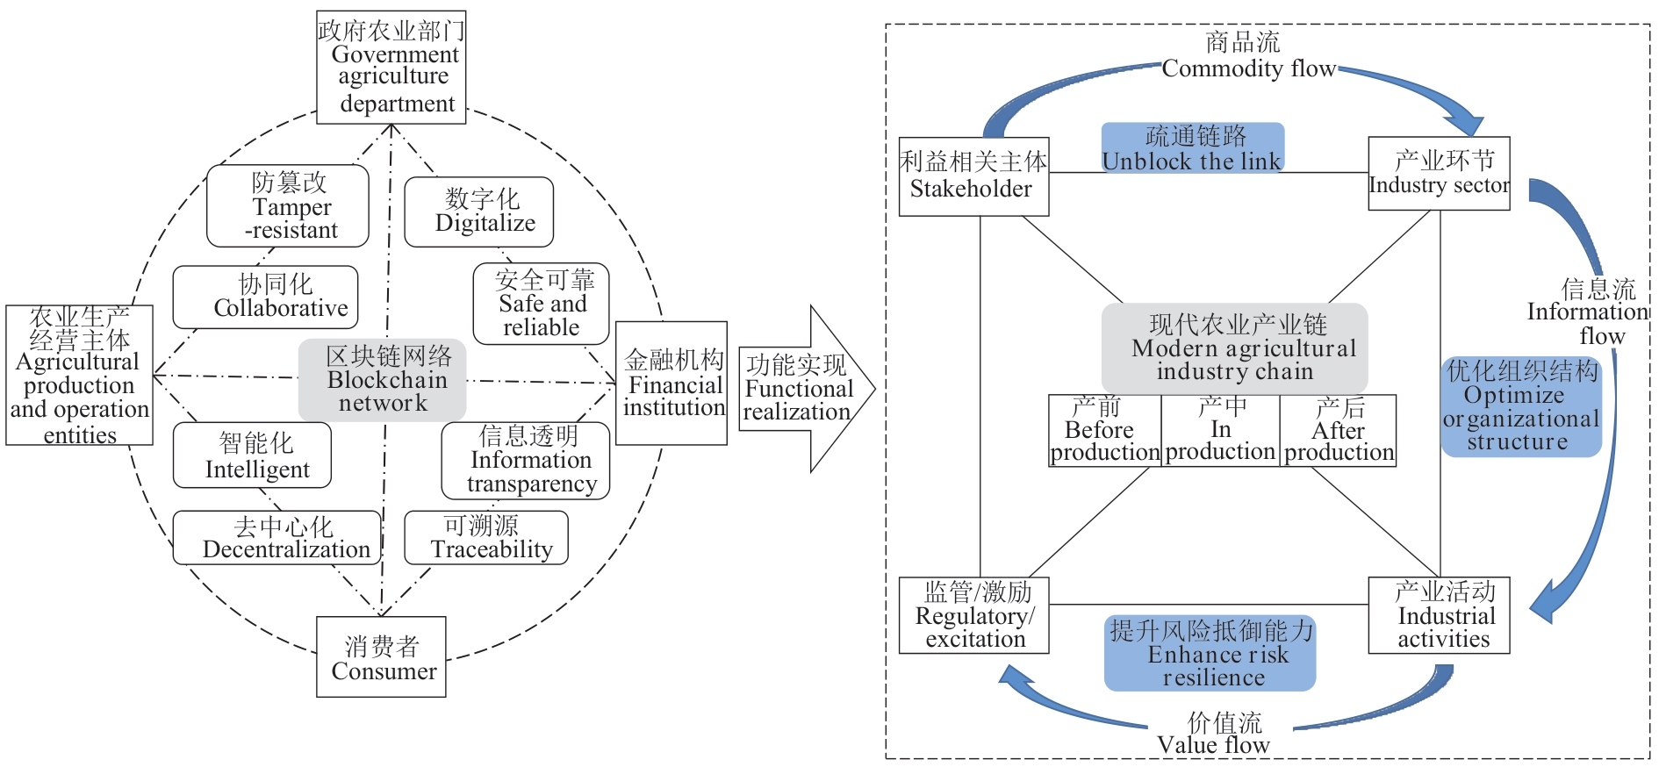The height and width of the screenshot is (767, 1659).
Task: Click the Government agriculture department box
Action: pos(391,68)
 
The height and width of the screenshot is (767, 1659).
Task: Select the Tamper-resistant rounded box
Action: pos(288,206)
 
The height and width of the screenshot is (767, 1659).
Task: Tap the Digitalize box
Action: pos(479,212)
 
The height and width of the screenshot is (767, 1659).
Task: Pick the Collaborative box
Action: pos(266,297)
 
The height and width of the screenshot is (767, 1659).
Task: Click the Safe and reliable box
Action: pos(541,304)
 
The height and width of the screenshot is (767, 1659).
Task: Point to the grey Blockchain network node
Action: pos(383,380)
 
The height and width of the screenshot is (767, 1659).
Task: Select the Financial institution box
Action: pos(671,383)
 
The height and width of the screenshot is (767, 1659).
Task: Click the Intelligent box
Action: pos(253,455)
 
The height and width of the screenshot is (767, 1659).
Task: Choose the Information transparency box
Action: pos(526,461)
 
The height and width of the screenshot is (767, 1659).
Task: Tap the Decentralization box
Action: pos(277,538)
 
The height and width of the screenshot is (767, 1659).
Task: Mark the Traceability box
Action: pos(486,538)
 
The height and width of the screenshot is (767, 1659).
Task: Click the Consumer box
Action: pos(382,657)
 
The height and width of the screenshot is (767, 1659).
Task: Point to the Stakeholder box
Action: pos(974,176)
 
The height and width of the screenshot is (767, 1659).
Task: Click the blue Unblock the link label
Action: pos(1193,148)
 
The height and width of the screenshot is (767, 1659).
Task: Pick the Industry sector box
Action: pos(1440,174)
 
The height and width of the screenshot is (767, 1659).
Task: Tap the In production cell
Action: pos(1220,431)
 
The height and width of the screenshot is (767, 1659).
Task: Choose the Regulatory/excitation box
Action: pos(974,615)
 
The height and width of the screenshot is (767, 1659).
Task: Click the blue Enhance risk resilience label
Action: pos(1210,654)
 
